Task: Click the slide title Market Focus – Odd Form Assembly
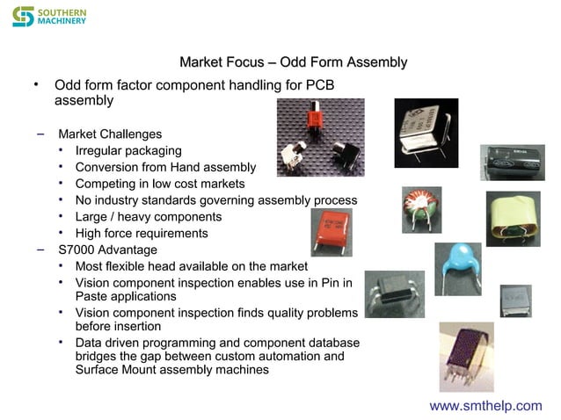pos(293,62)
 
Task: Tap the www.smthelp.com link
pos(485,405)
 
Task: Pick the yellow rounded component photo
pos(513,218)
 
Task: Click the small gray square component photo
pos(515,301)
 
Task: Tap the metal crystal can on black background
pos(426,133)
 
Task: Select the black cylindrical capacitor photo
pos(511,163)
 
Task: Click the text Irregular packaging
pos(128,150)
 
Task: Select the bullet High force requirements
pos(142,233)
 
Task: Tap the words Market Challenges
pos(110,134)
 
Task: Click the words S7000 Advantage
pos(107,250)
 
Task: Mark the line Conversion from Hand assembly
pos(165,167)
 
